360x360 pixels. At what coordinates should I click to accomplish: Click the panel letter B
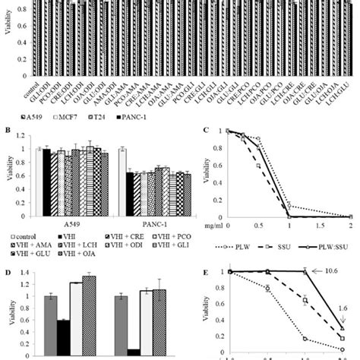pyautogui.click(x=6, y=129)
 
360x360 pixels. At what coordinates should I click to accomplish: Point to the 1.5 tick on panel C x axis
pyautogui.click(x=318, y=226)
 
